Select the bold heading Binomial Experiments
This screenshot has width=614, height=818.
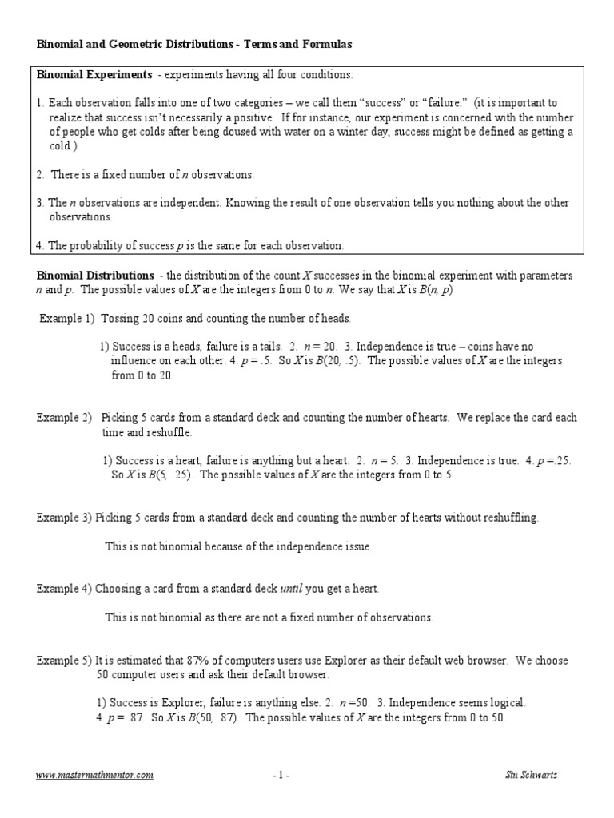[x=94, y=75]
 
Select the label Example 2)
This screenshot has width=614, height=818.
[x=64, y=418]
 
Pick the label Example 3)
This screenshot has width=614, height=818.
[x=64, y=518]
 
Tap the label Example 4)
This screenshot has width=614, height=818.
[x=64, y=589]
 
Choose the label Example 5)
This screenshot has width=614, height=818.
[x=64, y=661]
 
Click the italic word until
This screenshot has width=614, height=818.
[x=290, y=589]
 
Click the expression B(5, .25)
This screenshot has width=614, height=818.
[x=169, y=475]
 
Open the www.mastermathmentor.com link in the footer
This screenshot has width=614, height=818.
[x=95, y=775]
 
